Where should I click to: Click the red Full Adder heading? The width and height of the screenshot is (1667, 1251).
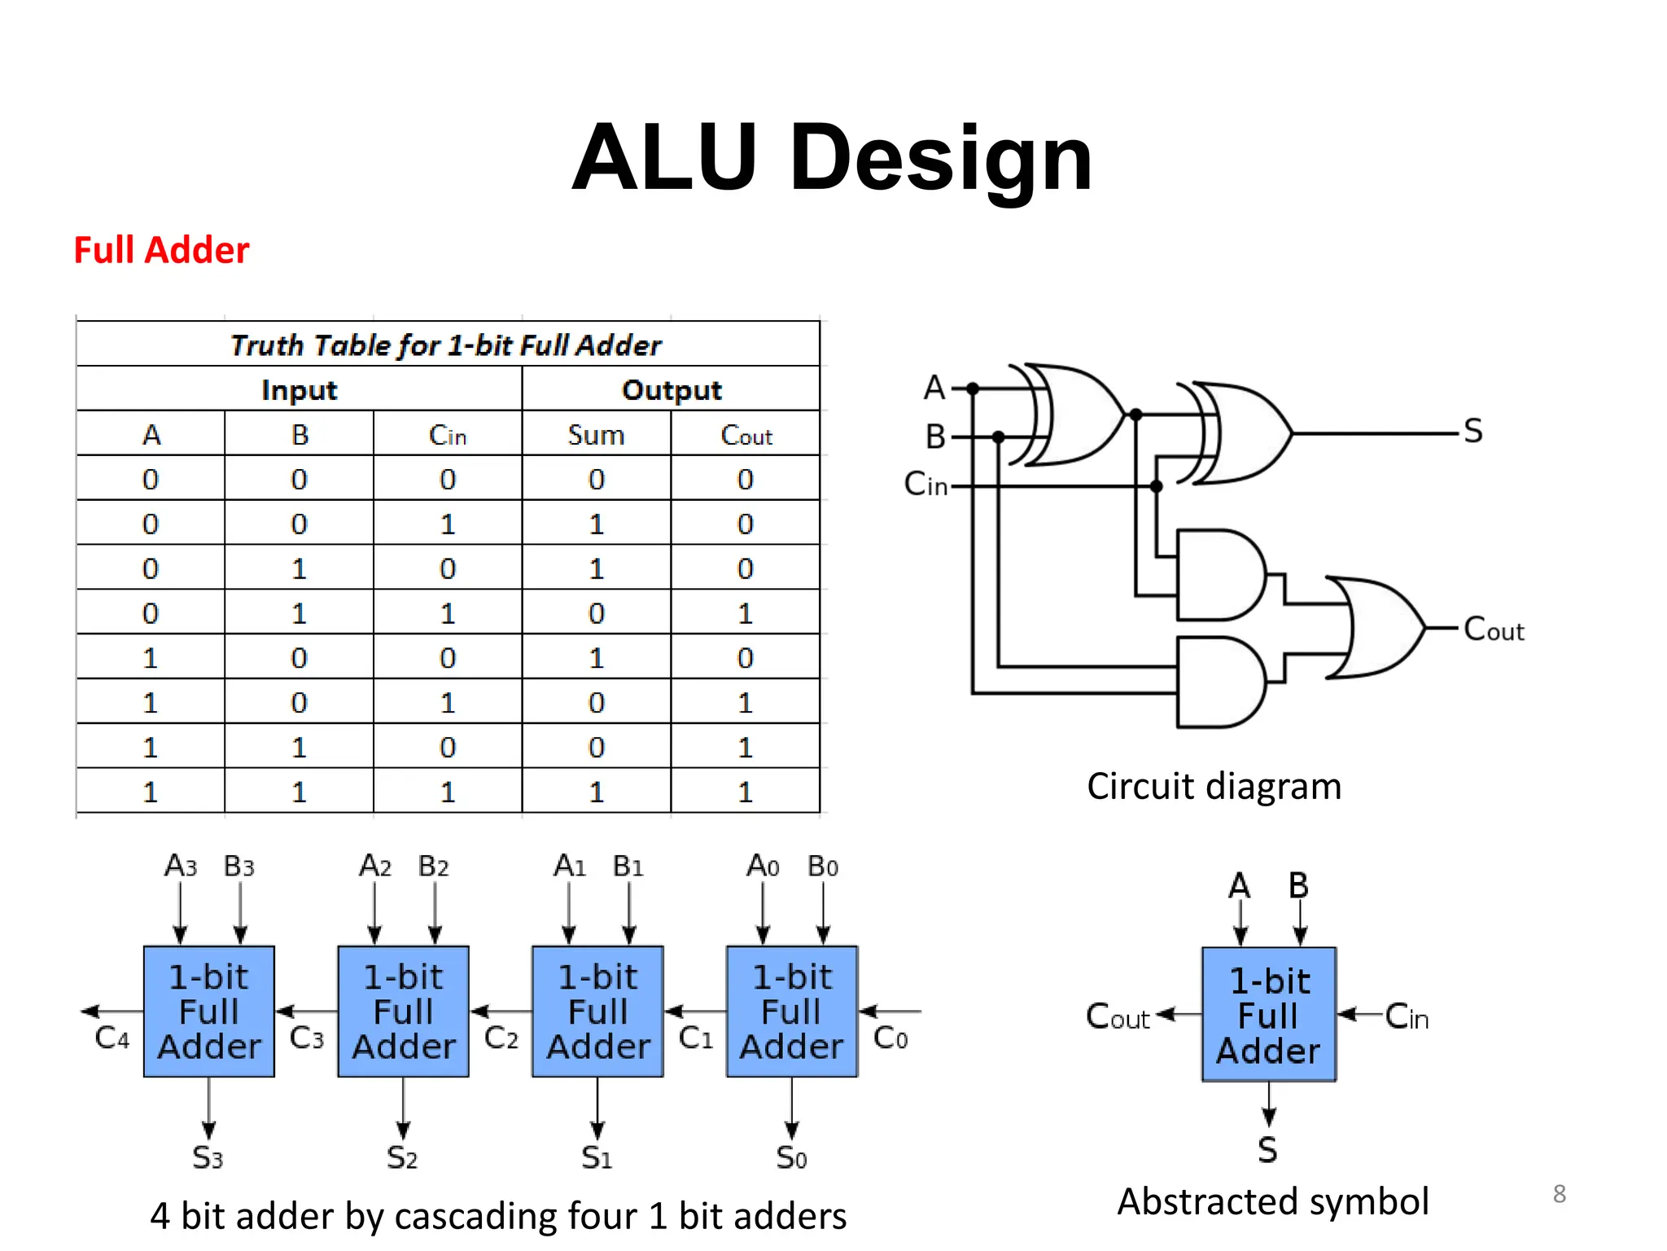(x=161, y=250)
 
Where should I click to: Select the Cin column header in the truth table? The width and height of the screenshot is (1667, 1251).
(x=447, y=435)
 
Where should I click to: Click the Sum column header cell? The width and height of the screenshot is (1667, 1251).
(x=596, y=435)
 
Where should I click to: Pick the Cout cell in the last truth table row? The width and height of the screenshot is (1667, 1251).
(x=745, y=792)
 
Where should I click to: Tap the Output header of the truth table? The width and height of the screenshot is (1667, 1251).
(x=671, y=390)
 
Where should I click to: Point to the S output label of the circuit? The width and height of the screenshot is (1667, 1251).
(x=1472, y=431)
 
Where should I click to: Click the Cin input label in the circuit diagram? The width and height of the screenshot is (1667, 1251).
(x=926, y=485)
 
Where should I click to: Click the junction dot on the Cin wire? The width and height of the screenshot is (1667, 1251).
(x=1156, y=486)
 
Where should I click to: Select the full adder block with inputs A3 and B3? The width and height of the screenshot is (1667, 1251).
(x=209, y=1012)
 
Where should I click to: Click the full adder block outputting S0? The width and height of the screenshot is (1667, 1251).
(x=791, y=1012)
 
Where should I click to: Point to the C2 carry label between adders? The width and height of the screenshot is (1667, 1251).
(x=501, y=1038)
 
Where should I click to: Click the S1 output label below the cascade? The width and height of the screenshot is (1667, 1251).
(x=596, y=1157)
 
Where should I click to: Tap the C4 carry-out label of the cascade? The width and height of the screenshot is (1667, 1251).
(x=112, y=1038)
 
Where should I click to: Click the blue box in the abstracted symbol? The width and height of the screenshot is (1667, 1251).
(x=1269, y=1015)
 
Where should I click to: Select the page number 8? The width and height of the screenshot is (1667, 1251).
(x=1559, y=1194)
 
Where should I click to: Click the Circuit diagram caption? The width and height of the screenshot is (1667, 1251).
(x=1214, y=787)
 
